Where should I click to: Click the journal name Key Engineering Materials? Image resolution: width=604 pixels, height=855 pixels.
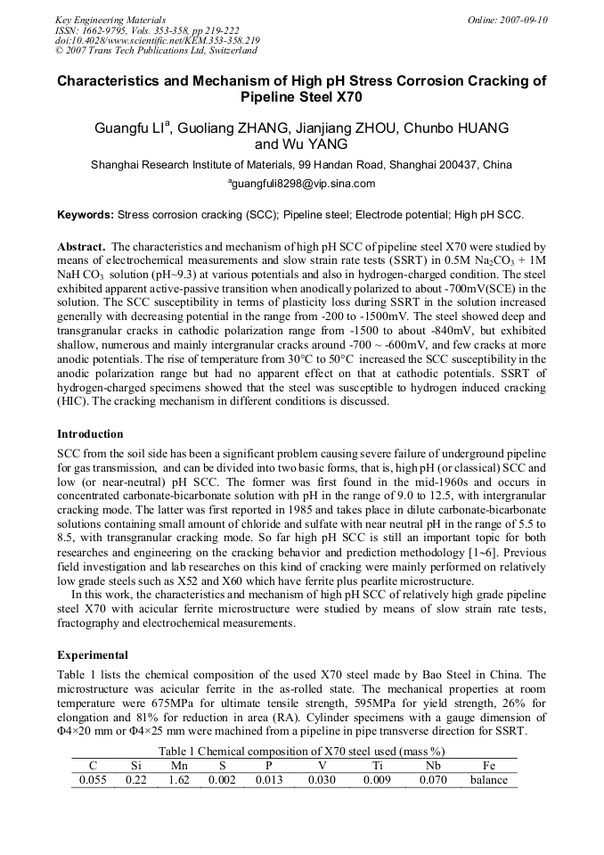coord(110,20)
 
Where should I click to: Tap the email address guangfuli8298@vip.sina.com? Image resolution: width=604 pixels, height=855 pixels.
coord(303,184)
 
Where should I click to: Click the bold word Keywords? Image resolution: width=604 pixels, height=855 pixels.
coord(85,215)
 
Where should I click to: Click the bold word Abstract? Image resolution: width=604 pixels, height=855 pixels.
coord(83,246)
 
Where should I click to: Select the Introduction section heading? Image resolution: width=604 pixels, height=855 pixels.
coord(90,434)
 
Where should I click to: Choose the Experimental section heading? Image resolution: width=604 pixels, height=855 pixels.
coord(93,654)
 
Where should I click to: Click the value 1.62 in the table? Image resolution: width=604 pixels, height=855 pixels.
coord(179,780)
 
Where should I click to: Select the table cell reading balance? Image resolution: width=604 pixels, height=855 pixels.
coord(489,780)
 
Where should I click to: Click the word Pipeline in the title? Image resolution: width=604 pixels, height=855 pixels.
coord(275,96)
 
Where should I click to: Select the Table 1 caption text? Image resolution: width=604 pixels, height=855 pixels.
coord(302,751)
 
